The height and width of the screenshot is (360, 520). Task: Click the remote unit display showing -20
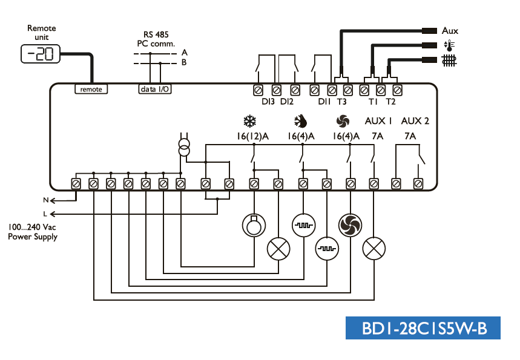(x=41, y=54)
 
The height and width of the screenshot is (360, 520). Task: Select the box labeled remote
(x=91, y=89)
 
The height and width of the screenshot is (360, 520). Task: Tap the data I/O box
(x=155, y=89)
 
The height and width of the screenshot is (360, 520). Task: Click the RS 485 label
(x=156, y=34)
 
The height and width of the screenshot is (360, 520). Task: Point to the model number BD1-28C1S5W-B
(x=423, y=328)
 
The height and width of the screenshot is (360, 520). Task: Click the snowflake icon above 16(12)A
(x=249, y=121)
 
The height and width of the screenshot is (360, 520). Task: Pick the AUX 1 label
(x=379, y=121)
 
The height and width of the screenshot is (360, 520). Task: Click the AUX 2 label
(x=415, y=121)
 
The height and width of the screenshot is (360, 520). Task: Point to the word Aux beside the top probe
(x=450, y=30)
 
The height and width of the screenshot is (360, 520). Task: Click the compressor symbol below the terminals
(x=253, y=226)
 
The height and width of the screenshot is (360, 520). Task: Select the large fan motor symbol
(x=349, y=226)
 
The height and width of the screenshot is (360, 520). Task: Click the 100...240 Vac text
(x=33, y=227)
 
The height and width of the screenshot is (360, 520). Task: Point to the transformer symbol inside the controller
(x=183, y=147)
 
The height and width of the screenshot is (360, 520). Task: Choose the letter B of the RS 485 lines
(x=185, y=62)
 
